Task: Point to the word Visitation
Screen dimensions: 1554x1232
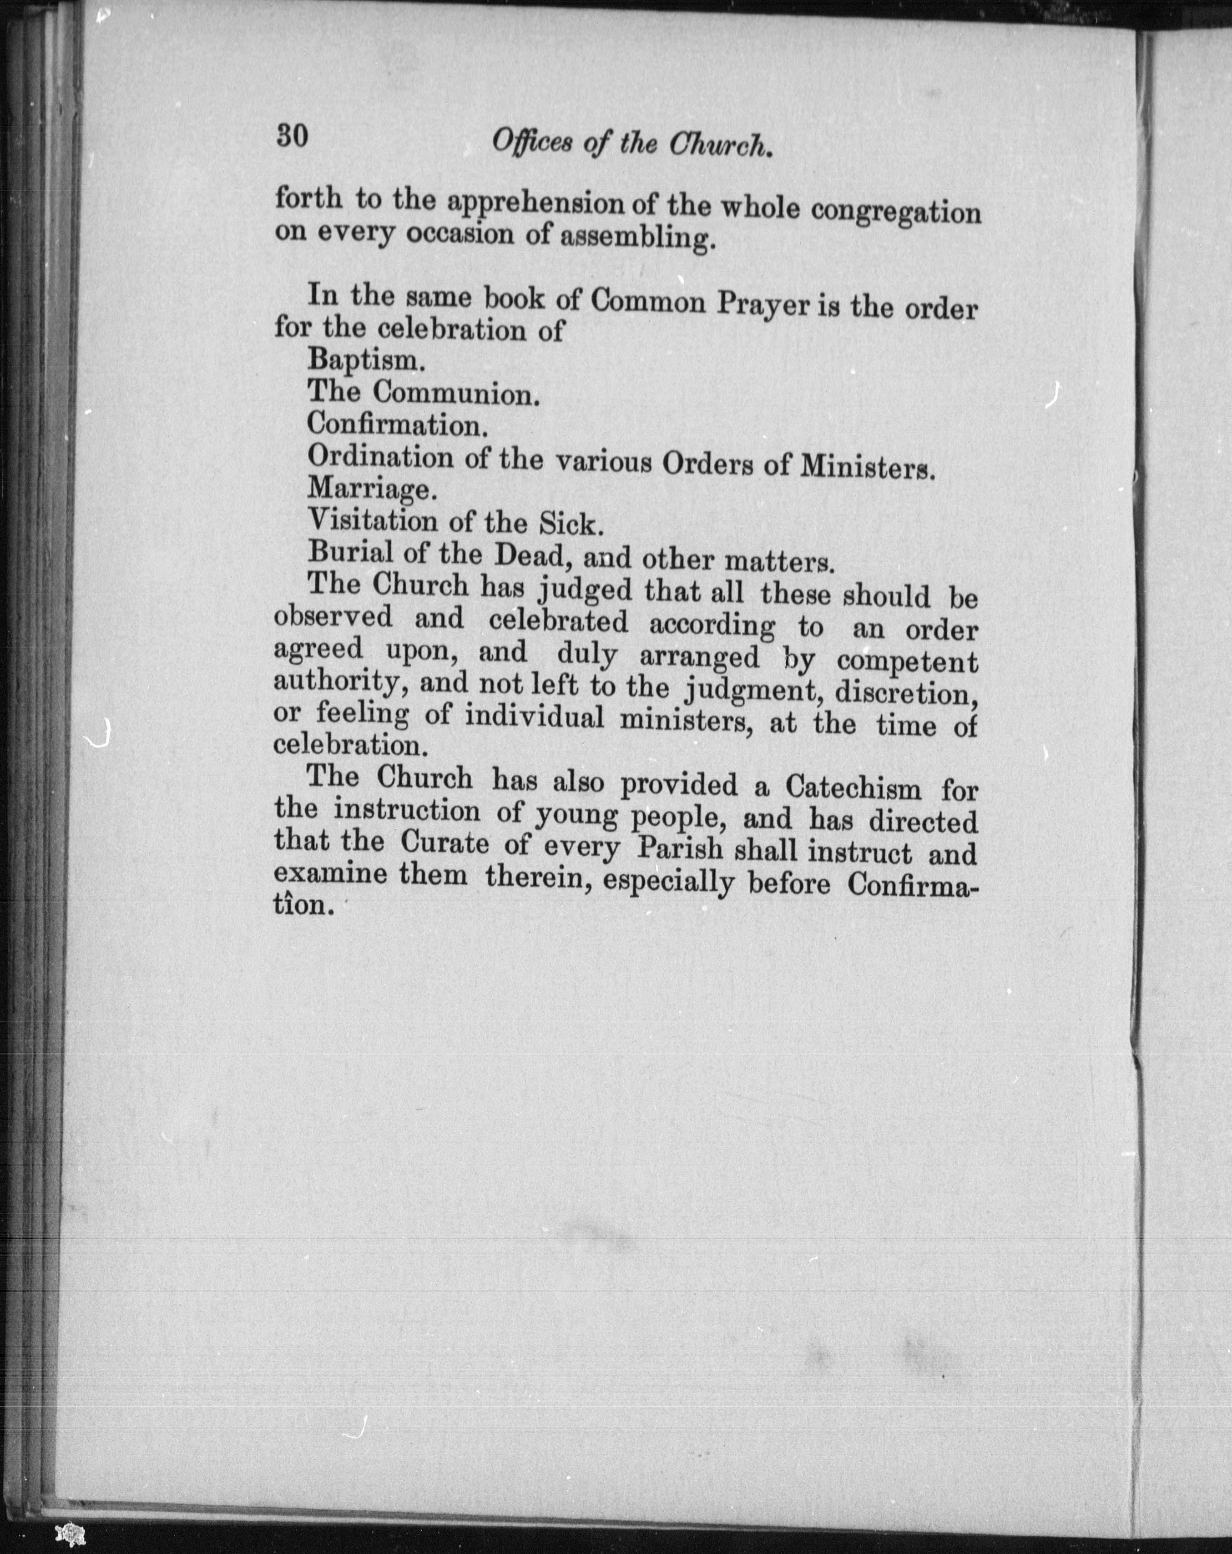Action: click(x=372, y=520)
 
